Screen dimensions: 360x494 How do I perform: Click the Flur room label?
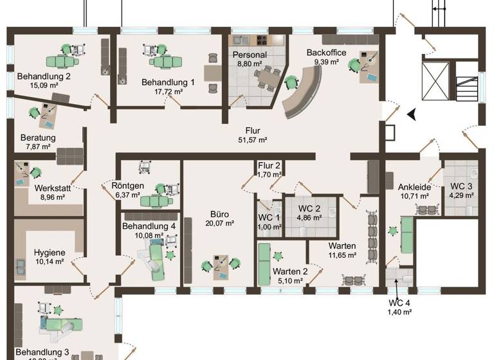click(x=253, y=130)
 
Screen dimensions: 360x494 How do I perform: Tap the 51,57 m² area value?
click(x=253, y=139)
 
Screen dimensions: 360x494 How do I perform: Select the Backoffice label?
click(x=326, y=52)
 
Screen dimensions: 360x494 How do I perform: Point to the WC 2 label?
click(x=311, y=208)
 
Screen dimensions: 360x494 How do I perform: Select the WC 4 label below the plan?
click(x=399, y=302)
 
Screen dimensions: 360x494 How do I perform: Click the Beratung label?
click(x=38, y=138)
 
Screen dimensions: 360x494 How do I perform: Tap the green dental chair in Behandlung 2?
click(x=62, y=61)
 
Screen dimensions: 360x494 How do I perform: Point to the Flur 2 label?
click(x=270, y=165)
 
